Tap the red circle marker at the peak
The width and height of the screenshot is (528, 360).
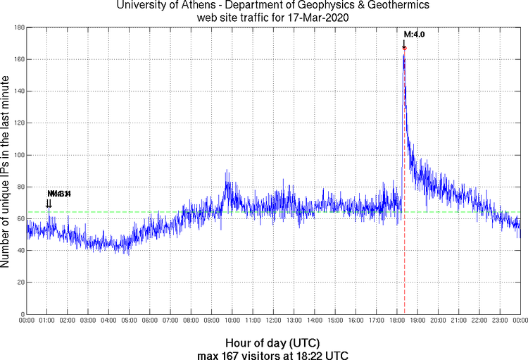tap(404, 47)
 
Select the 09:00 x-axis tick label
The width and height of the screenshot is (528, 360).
tap(212, 321)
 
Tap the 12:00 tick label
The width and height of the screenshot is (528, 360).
tap(274, 321)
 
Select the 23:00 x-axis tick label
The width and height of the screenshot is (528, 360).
tap(500, 321)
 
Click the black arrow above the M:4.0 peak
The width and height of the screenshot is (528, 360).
tap(403, 44)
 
